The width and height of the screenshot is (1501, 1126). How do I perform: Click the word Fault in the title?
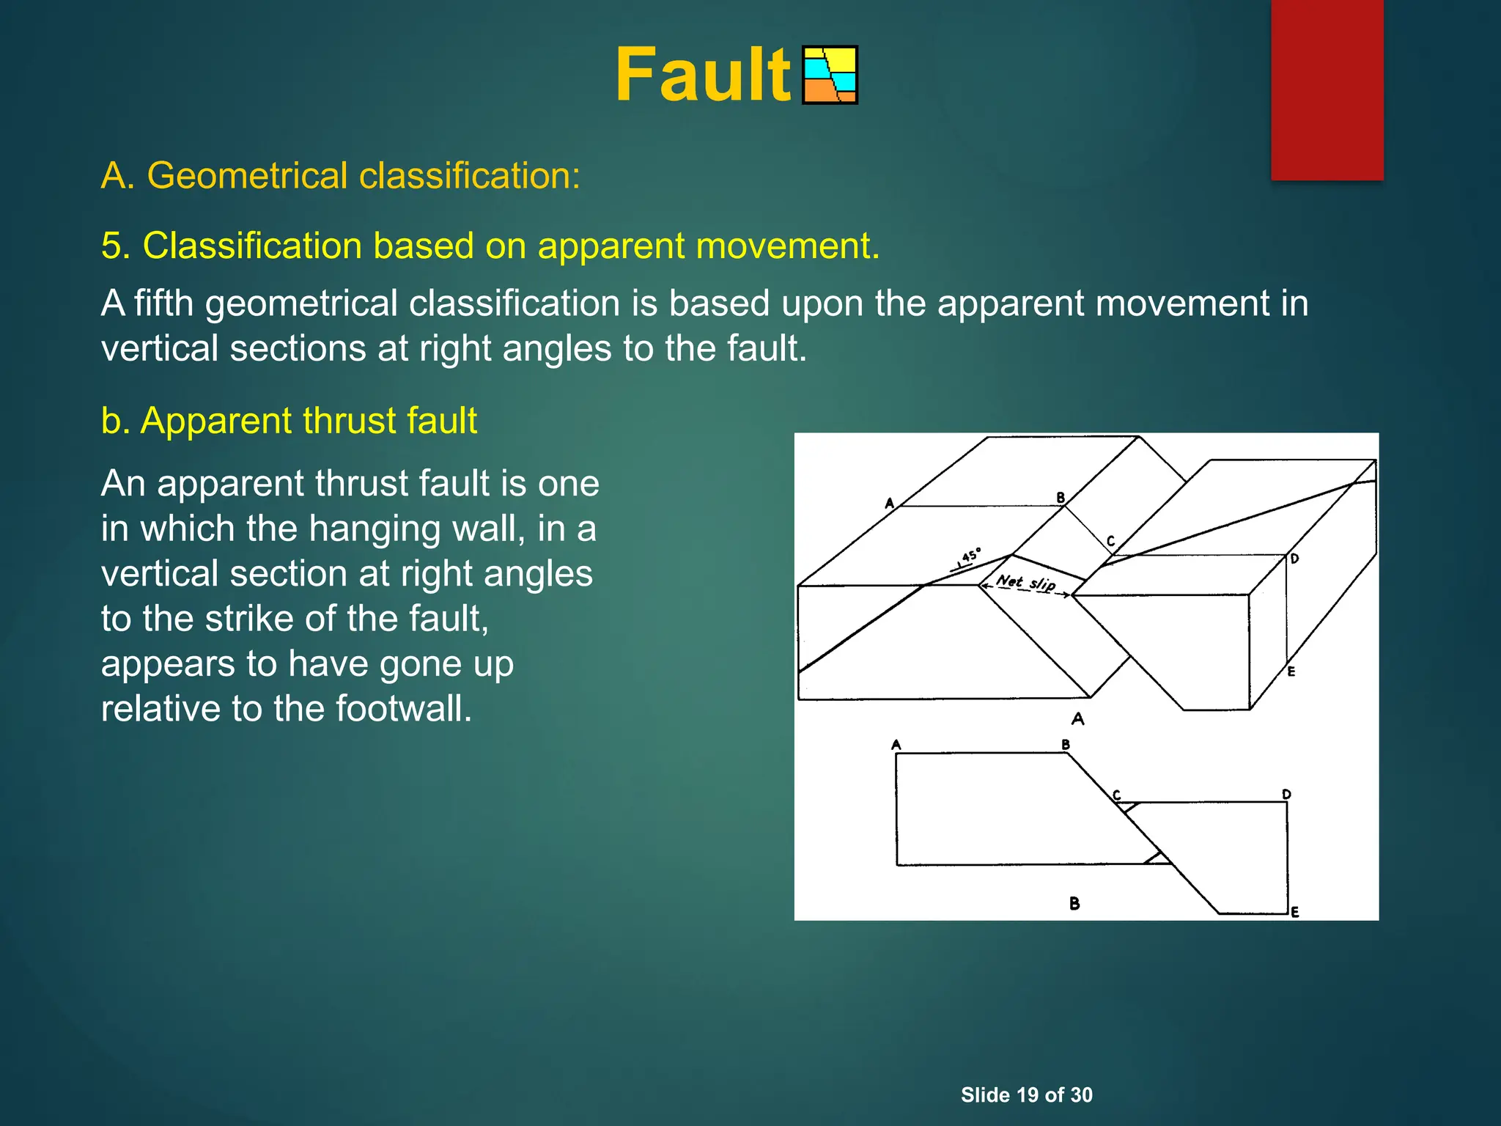click(702, 75)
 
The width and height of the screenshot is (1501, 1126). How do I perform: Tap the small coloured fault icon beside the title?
click(830, 75)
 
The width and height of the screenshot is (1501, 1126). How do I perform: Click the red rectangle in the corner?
click(1327, 89)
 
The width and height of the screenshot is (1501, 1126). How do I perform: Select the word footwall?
click(403, 709)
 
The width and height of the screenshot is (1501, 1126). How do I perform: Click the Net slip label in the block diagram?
click(1025, 584)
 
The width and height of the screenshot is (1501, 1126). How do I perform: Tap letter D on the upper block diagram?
click(1295, 559)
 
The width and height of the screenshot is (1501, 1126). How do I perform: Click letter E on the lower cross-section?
click(1295, 912)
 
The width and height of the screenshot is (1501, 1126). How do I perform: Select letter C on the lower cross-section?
click(1117, 795)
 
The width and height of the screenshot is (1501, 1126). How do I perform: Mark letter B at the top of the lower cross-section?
click(1066, 745)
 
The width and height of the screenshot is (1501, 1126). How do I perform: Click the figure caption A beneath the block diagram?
click(1077, 718)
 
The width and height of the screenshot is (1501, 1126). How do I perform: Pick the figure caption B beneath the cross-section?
click(1074, 903)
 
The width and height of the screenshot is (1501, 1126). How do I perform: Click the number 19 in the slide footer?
click(1027, 1095)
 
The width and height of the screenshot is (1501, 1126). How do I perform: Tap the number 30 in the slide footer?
click(1081, 1095)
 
